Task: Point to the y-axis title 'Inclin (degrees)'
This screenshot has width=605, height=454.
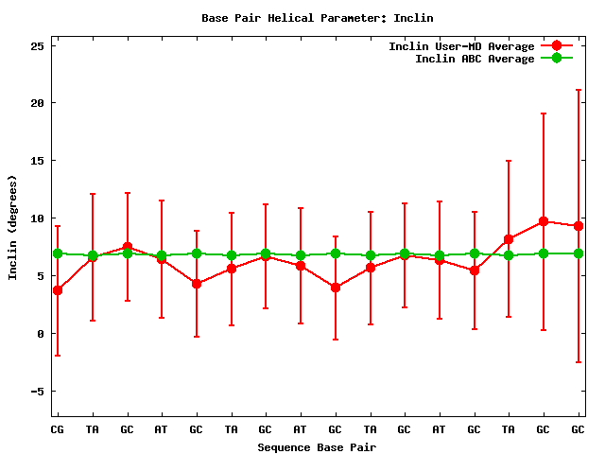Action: (x=12, y=227)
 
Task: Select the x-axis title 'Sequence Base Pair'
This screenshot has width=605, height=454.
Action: (x=318, y=446)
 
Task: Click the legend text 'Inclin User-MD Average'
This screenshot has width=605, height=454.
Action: (x=461, y=46)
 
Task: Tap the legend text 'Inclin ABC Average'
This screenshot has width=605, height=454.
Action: (x=475, y=59)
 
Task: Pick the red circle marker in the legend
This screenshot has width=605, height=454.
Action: (x=557, y=46)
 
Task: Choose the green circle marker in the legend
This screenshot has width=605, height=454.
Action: (x=557, y=59)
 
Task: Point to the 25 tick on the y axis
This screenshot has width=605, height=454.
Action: (x=39, y=44)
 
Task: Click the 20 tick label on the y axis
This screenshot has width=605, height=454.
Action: (x=39, y=102)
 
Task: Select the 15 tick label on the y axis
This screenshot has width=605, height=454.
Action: (x=39, y=160)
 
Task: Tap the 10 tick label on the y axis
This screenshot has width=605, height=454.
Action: (x=39, y=218)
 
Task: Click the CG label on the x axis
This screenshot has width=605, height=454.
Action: (x=58, y=429)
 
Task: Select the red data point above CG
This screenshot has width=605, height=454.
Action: (x=58, y=290)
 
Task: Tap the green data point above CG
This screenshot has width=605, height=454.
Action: (x=58, y=253)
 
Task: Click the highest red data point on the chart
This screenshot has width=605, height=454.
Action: (x=544, y=221)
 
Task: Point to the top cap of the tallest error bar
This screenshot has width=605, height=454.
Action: (x=578, y=90)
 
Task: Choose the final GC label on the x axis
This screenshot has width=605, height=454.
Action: (x=578, y=429)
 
